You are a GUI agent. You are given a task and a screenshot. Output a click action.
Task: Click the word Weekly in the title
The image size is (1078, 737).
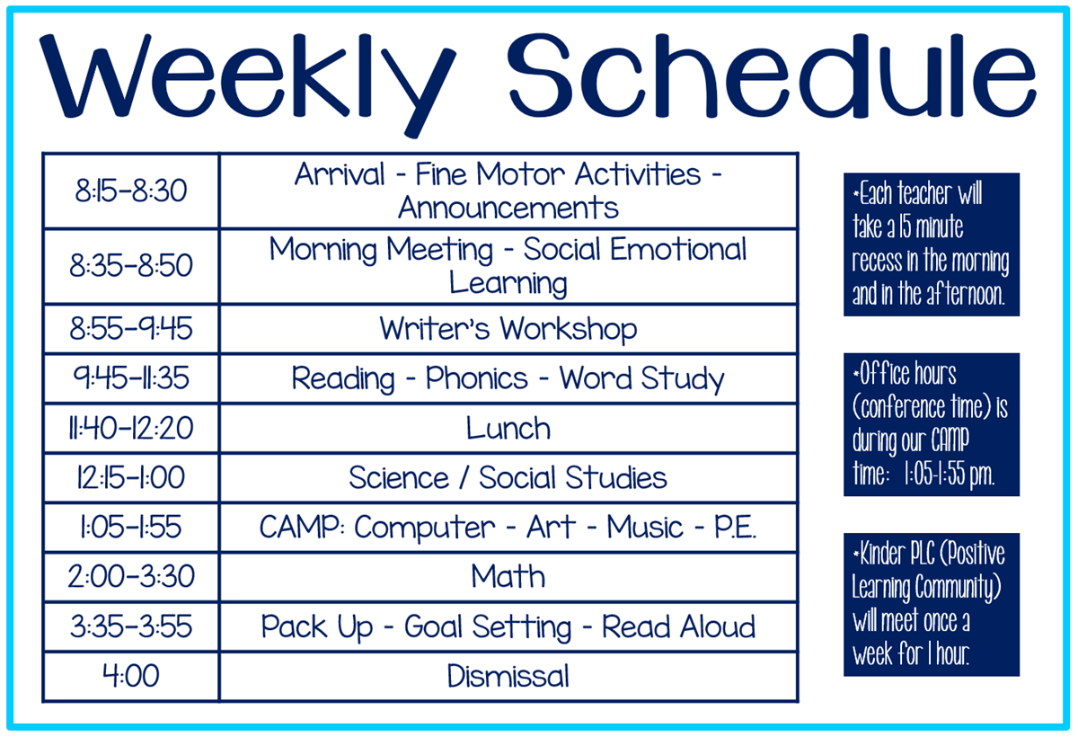pyautogui.click(x=247, y=82)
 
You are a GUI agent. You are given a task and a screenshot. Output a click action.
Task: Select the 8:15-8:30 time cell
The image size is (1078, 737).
pyautogui.click(x=131, y=191)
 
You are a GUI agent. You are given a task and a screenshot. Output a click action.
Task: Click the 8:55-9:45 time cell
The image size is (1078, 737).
pyautogui.click(x=131, y=329)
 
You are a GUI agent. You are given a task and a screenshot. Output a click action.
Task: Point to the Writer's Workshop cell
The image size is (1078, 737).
pyautogui.click(x=508, y=329)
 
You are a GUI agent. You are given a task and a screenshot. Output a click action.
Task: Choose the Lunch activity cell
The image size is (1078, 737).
pyautogui.click(x=508, y=428)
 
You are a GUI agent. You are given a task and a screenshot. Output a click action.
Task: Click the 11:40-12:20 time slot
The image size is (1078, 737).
pyautogui.click(x=131, y=428)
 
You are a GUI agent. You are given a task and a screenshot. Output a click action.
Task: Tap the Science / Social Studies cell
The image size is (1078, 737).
pyautogui.click(x=508, y=477)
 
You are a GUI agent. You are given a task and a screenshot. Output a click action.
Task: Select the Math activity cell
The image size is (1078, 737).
pyautogui.click(x=508, y=576)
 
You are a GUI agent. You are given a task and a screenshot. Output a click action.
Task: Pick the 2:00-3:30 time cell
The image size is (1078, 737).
pyautogui.click(x=131, y=576)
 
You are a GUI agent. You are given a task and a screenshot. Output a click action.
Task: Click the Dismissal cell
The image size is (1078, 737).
pyautogui.click(x=508, y=676)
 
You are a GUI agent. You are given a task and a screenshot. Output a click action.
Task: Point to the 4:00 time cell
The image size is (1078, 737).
pyautogui.click(x=131, y=676)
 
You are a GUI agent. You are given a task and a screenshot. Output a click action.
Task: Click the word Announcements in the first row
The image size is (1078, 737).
pyautogui.click(x=508, y=208)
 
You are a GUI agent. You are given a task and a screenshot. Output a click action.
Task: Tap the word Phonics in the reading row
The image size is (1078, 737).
pyautogui.click(x=476, y=379)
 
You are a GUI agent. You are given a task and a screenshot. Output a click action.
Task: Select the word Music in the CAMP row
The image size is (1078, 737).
pyautogui.click(x=645, y=527)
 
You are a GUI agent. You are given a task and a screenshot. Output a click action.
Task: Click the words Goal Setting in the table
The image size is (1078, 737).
pyautogui.click(x=488, y=627)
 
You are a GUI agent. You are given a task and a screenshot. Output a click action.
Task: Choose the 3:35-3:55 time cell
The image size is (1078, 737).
pyautogui.click(x=131, y=626)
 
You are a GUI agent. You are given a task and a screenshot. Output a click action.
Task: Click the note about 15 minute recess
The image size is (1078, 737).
pyautogui.click(x=932, y=244)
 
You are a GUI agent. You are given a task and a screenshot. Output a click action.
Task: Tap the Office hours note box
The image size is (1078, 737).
pyautogui.click(x=932, y=424)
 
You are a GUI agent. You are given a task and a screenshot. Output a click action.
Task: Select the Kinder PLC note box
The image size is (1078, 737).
pyautogui.click(x=932, y=605)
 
